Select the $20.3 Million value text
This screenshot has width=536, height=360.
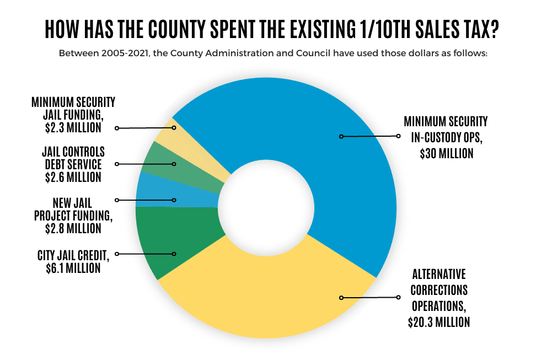tap(439, 321)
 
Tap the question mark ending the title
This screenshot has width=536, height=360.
tap(492, 29)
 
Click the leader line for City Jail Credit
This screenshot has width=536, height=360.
tap(146, 254)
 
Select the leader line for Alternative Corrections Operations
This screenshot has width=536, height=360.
tap(369, 298)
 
